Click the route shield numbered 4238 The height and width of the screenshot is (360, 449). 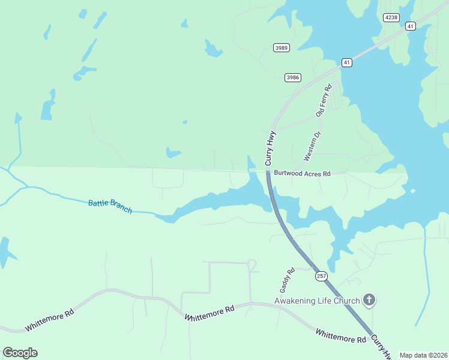pyautogui.click(x=391, y=17)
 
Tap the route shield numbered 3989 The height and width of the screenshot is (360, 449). pyautogui.click(x=281, y=47)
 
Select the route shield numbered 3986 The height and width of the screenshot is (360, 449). pyautogui.click(x=293, y=77)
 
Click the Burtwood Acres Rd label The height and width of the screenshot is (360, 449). pyautogui.click(x=303, y=173)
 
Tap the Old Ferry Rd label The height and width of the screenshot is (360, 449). pyautogui.click(x=324, y=101)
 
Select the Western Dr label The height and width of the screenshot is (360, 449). pyautogui.click(x=312, y=147)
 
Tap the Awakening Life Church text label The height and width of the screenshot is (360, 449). pyautogui.click(x=316, y=301)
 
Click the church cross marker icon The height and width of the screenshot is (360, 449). pyautogui.click(x=369, y=300)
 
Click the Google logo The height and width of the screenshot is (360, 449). pyautogui.click(x=20, y=353)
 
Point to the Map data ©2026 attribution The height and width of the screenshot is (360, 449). pyautogui.click(x=423, y=355)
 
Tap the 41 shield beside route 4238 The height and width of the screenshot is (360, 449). pyautogui.click(x=410, y=26)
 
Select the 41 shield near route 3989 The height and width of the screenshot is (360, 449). pyautogui.click(x=347, y=62)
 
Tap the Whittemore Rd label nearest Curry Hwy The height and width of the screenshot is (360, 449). pyautogui.click(x=341, y=336)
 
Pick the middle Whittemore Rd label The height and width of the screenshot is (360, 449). pyautogui.click(x=209, y=313)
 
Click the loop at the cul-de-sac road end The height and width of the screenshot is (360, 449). pyautogui.click(x=252, y=265)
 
